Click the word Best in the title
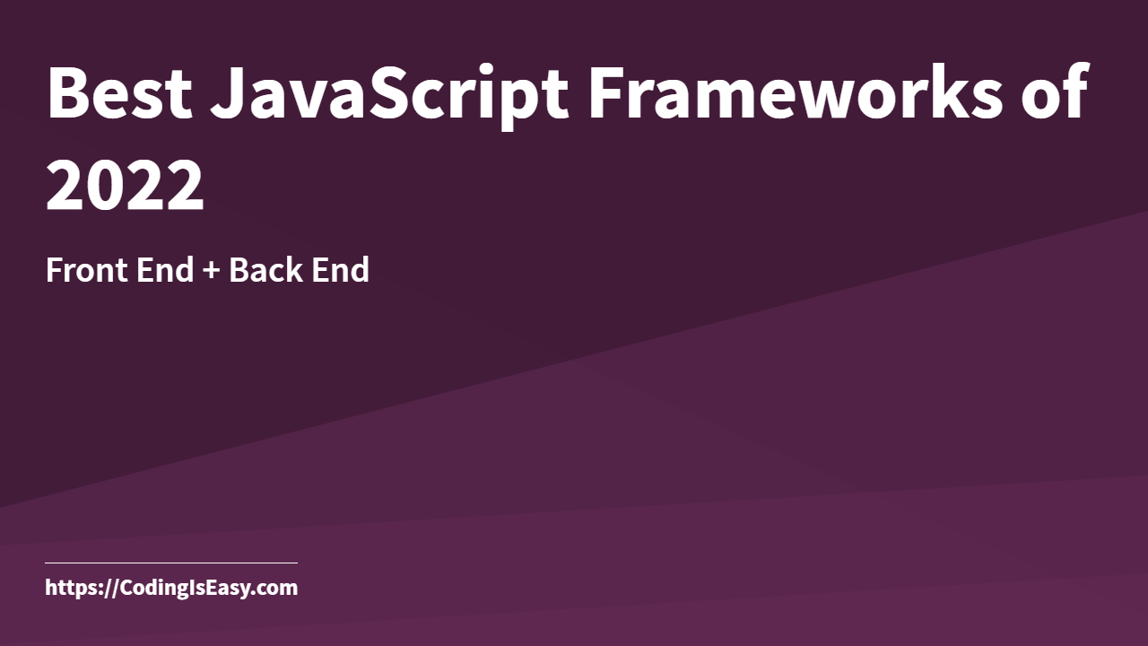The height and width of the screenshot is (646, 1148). [x=118, y=92]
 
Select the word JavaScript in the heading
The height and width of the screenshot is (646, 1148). [x=389, y=92]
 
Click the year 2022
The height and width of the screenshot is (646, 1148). [x=126, y=186]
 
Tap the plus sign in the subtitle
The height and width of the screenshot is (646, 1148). [x=211, y=271]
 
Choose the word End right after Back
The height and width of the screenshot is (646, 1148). [x=340, y=270]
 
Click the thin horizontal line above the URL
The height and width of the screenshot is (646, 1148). [x=170, y=563]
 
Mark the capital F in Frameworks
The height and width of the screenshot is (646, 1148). [x=604, y=92]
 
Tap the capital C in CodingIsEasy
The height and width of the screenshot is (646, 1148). [x=125, y=589]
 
